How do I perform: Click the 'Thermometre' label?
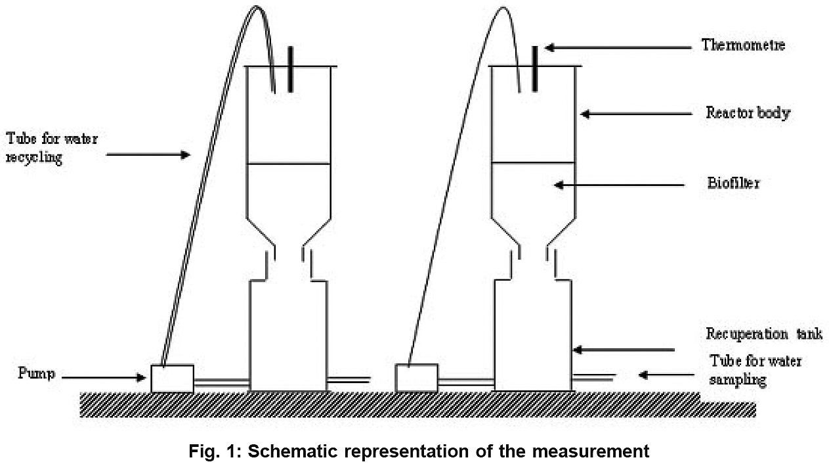(x=743, y=45)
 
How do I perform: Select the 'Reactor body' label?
(x=748, y=113)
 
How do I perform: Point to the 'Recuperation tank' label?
(x=763, y=333)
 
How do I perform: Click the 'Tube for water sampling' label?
(x=755, y=370)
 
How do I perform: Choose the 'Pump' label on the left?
(x=36, y=375)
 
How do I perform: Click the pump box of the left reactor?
(x=172, y=379)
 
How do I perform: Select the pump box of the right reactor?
(x=416, y=379)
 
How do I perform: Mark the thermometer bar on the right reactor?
(x=536, y=68)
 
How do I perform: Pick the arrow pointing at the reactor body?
(x=636, y=114)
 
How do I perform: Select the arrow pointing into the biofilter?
(x=623, y=185)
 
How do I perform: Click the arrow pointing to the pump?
(x=106, y=377)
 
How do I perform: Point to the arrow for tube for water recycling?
(x=148, y=155)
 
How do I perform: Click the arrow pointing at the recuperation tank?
(x=624, y=350)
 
